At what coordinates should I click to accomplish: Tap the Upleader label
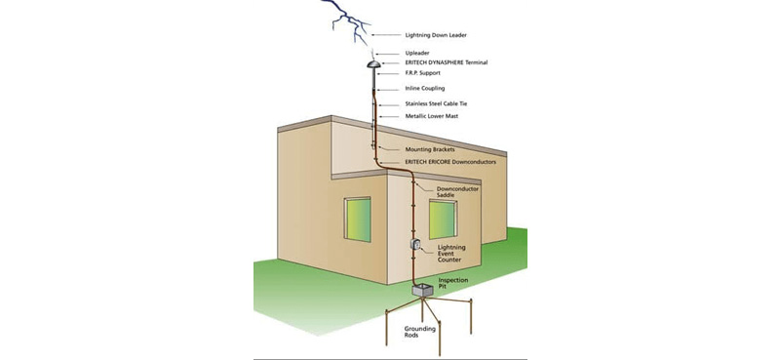click(x=416, y=53)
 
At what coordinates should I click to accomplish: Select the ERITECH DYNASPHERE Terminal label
click(x=446, y=62)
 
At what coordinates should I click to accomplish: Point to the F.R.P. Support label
click(x=424, y=73)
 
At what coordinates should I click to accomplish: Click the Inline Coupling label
click(x=426, y=89)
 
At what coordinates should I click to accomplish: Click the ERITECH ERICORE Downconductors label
click(x=449, y=162)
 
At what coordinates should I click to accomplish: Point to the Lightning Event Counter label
click(x=451, y=254)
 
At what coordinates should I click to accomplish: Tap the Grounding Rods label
click(x=420, y=334)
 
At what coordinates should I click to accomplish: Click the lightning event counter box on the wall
click(x=413, y=246)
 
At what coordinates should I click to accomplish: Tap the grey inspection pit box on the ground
click(x=422, y=290)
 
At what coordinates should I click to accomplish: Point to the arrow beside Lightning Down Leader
click(x=387, y=36)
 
